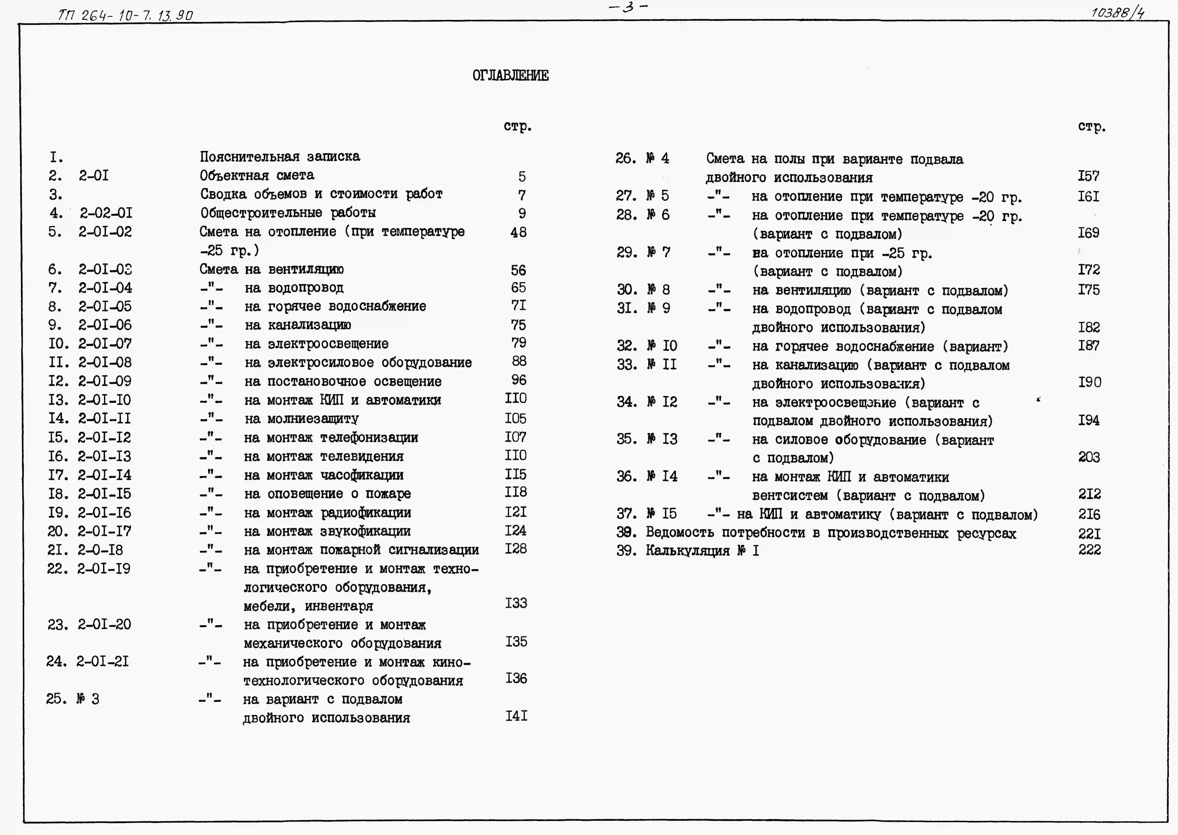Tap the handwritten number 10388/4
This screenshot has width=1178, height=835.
tap(1117, 12)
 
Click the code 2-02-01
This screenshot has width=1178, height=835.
tap(106, 213)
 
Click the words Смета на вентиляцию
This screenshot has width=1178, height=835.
tap(272, 269)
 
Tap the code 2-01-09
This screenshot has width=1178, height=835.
tap(105, 381)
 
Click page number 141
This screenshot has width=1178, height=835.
tap(516, 716)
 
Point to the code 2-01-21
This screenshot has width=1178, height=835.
tap(103, 661)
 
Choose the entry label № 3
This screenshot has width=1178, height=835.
tap(88, 699)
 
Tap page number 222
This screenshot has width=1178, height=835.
tap(1089, 550)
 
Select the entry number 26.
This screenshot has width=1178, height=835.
tap(626, 158)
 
